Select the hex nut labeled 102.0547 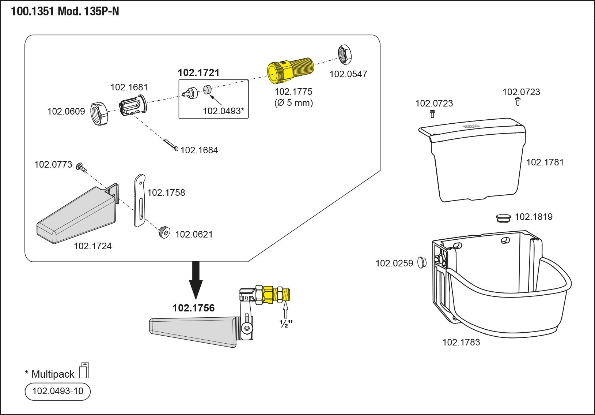coord(345,55)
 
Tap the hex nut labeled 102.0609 coord(99,114)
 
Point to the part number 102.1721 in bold coord(198,73)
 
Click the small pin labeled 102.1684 coord(170,145)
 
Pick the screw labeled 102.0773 coord(81,167)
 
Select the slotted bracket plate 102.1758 coord(140,200)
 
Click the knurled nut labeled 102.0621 coord(164,232)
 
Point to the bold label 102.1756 coord(193,308)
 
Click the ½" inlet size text coord(286,324)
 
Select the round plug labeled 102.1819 coord(503,218)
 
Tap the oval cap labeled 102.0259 coord(422,262)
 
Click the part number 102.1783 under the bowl coord(461,343)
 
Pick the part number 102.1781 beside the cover coord(545,162)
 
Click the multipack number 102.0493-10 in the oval coord(58,391)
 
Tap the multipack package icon coord(84,370)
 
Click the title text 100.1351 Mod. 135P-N coord(65,12)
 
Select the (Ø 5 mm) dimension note coord(293,103)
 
